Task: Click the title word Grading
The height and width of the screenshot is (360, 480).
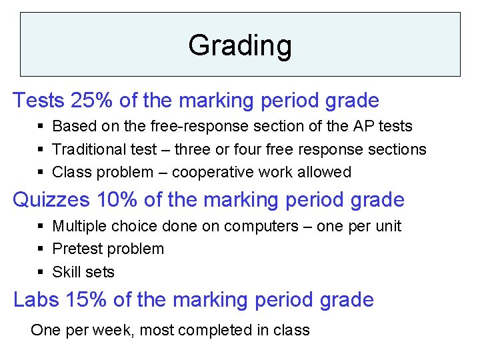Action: [240, 45]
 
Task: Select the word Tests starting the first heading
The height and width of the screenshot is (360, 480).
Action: [39, 101]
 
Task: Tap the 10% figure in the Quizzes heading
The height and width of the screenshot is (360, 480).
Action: [118, 200]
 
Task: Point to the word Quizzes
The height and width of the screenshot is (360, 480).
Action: [51, 200]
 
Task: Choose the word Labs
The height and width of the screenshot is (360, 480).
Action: [36, 300]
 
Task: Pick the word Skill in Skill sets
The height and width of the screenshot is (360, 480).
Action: [65, 272]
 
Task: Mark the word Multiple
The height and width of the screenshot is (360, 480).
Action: [76, 226]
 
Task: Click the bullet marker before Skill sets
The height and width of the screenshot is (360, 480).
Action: [41, 272]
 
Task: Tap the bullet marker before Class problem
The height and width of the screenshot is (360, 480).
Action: [41, 172]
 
